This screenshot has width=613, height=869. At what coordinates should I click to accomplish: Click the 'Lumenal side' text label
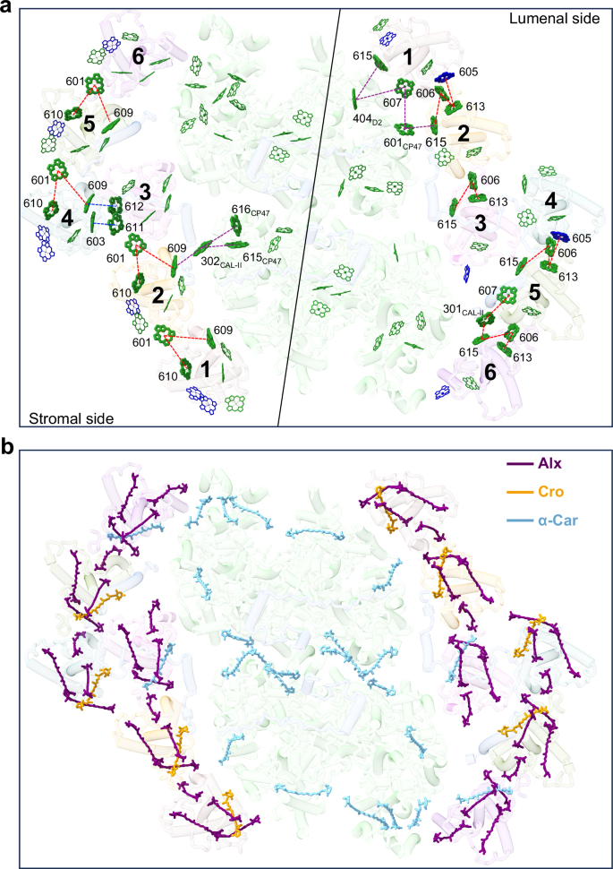coord(555,19)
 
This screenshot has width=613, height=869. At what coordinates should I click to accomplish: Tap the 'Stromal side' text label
coord(71,417)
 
